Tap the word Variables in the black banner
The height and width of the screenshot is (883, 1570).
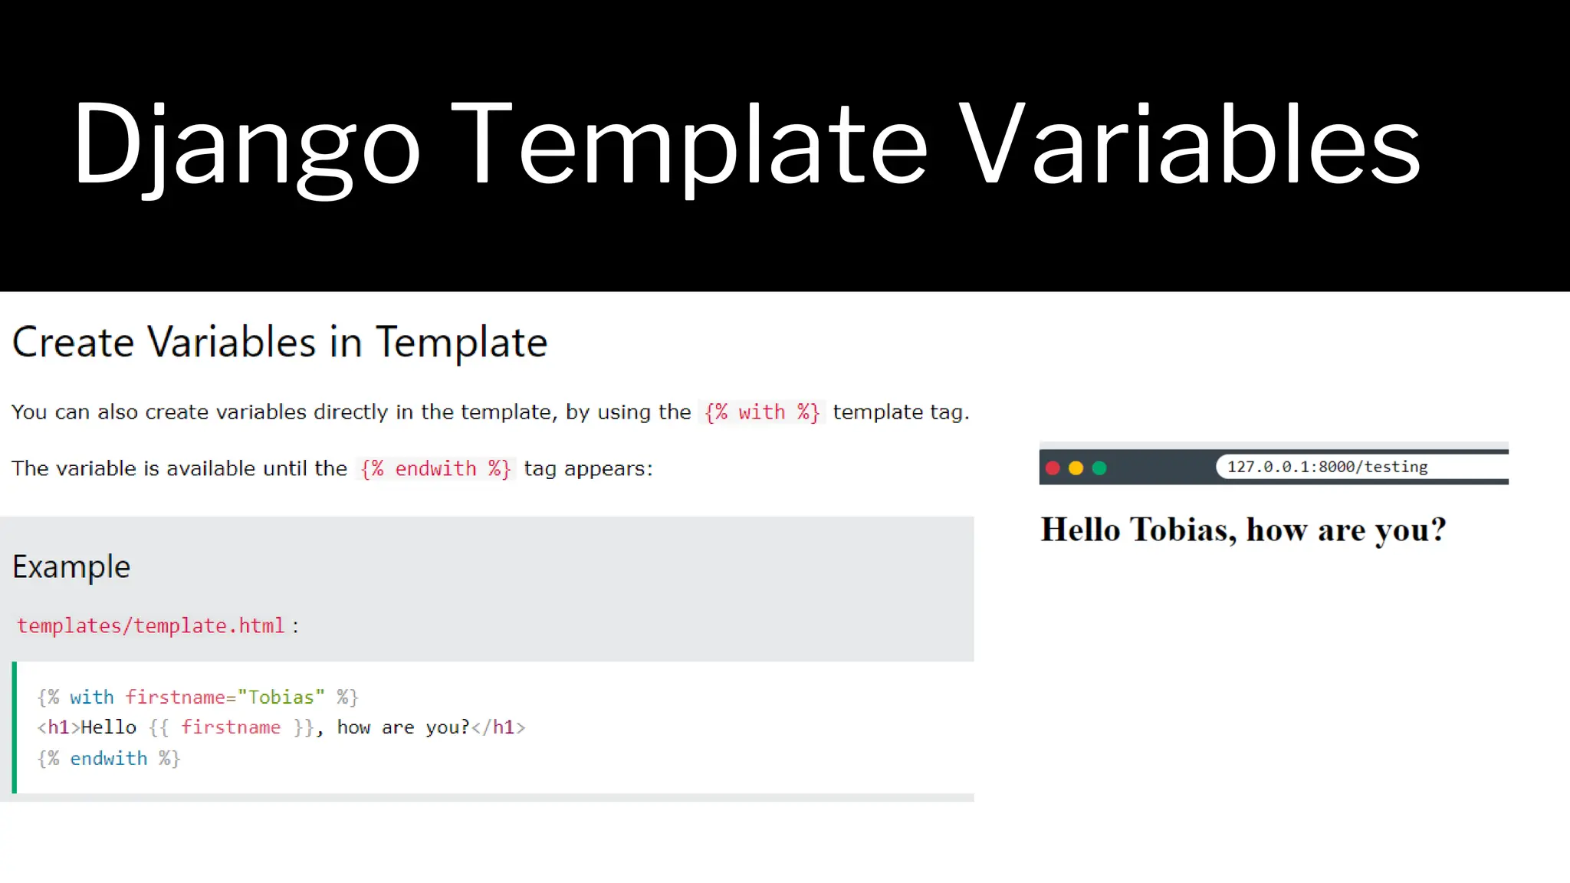coord(1189,146)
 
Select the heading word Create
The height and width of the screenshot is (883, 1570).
coord(74,342)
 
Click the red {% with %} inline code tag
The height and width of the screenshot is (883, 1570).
coord(762,412)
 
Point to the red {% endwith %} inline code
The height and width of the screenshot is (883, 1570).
coord(435,468)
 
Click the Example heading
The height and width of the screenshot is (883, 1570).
coord(71,567)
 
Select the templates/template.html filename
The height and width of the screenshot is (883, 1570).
coord(151,626)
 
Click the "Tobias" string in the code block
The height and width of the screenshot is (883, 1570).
coord(281,698)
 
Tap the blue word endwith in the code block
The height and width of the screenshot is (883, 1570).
coord(109,759)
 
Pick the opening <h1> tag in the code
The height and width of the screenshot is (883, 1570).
coord(59,727)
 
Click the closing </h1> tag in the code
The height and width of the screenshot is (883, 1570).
coord(498,727)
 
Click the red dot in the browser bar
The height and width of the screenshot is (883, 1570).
coord(1053,468)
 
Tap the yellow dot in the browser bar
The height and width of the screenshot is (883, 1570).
coord(1076,468)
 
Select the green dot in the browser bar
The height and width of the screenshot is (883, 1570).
coord(1099,468)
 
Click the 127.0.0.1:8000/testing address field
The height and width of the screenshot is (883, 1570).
coord(1327,467)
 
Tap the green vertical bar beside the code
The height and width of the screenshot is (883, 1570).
coord(15,727)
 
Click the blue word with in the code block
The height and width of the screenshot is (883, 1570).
coord(92,698)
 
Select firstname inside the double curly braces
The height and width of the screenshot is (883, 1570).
coord(231,727)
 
